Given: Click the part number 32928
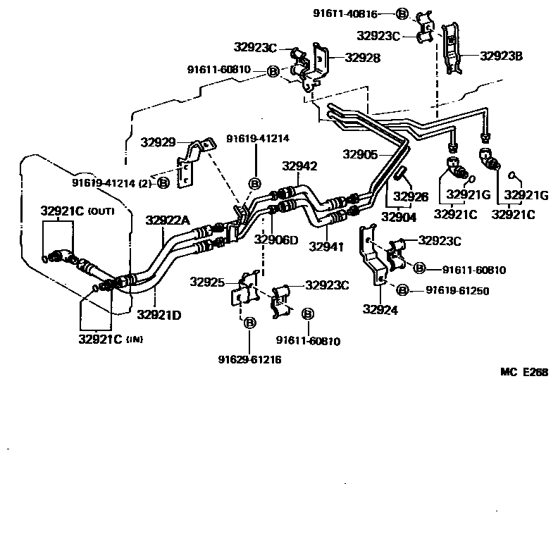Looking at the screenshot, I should click(359, 58).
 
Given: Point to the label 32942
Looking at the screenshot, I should click(299, 167).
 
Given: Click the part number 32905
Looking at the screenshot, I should click(361, 154).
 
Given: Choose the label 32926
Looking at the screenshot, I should click(411, 197).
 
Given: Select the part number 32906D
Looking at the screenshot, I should click(276, 240).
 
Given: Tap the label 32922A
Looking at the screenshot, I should click(168, 220).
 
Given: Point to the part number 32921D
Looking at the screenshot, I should click(159, 314).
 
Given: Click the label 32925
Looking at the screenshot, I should click(207, 282).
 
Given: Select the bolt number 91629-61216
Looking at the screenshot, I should click(249, 359).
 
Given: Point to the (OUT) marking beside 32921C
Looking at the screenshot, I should click(101, 211).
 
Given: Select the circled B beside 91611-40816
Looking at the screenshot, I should click(402, 13).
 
